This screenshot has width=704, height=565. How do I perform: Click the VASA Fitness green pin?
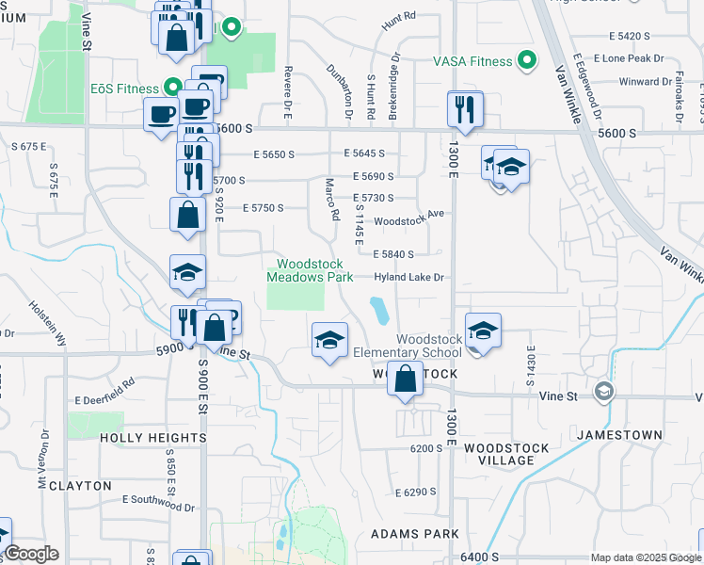click(x=528, y=62)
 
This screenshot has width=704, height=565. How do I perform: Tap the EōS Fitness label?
click(x=124, y=89)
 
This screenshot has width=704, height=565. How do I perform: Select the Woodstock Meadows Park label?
click(x=310, y=270)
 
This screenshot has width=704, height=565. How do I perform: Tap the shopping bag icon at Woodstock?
click(x=405, y=379)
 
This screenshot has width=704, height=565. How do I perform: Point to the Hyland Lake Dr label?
click(x=408, y=278)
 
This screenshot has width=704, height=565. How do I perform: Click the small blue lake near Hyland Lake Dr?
click(x=378, y=308)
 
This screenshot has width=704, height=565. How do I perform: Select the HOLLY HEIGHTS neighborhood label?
click(x=152, y=438)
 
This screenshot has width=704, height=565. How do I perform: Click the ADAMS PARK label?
click(x=414, y=534)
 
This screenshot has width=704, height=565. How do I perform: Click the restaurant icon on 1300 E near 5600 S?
click(x=465, y=110)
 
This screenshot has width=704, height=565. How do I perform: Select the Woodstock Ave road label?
click(x=408, y=215)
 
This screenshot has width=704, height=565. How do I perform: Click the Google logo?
click(x=32, y=554)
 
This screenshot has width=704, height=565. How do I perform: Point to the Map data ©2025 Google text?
click(x=645, y=557)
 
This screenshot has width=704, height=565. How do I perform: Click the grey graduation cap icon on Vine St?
click(x=603, y=391)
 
